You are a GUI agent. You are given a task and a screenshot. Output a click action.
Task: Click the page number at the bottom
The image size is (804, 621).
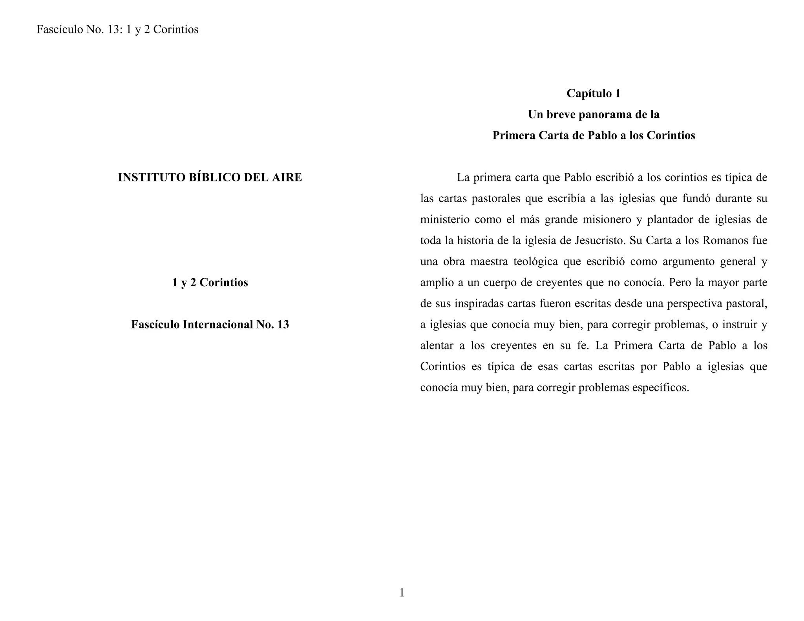[x=402, y=593]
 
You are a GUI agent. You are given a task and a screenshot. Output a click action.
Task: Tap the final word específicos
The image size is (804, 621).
[x=659, y=388]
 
